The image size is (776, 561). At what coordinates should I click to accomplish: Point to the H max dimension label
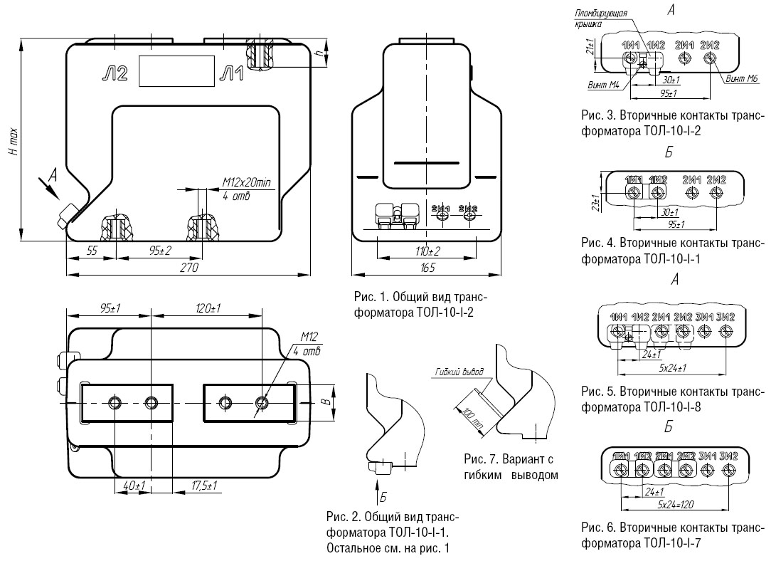14,143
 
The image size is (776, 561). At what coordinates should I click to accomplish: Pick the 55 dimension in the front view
91,250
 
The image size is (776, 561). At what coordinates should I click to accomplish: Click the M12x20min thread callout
247,183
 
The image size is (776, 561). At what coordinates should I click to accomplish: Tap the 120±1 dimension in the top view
208,308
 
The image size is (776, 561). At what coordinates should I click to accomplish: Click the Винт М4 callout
602,84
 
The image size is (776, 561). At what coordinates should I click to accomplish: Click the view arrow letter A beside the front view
52,174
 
